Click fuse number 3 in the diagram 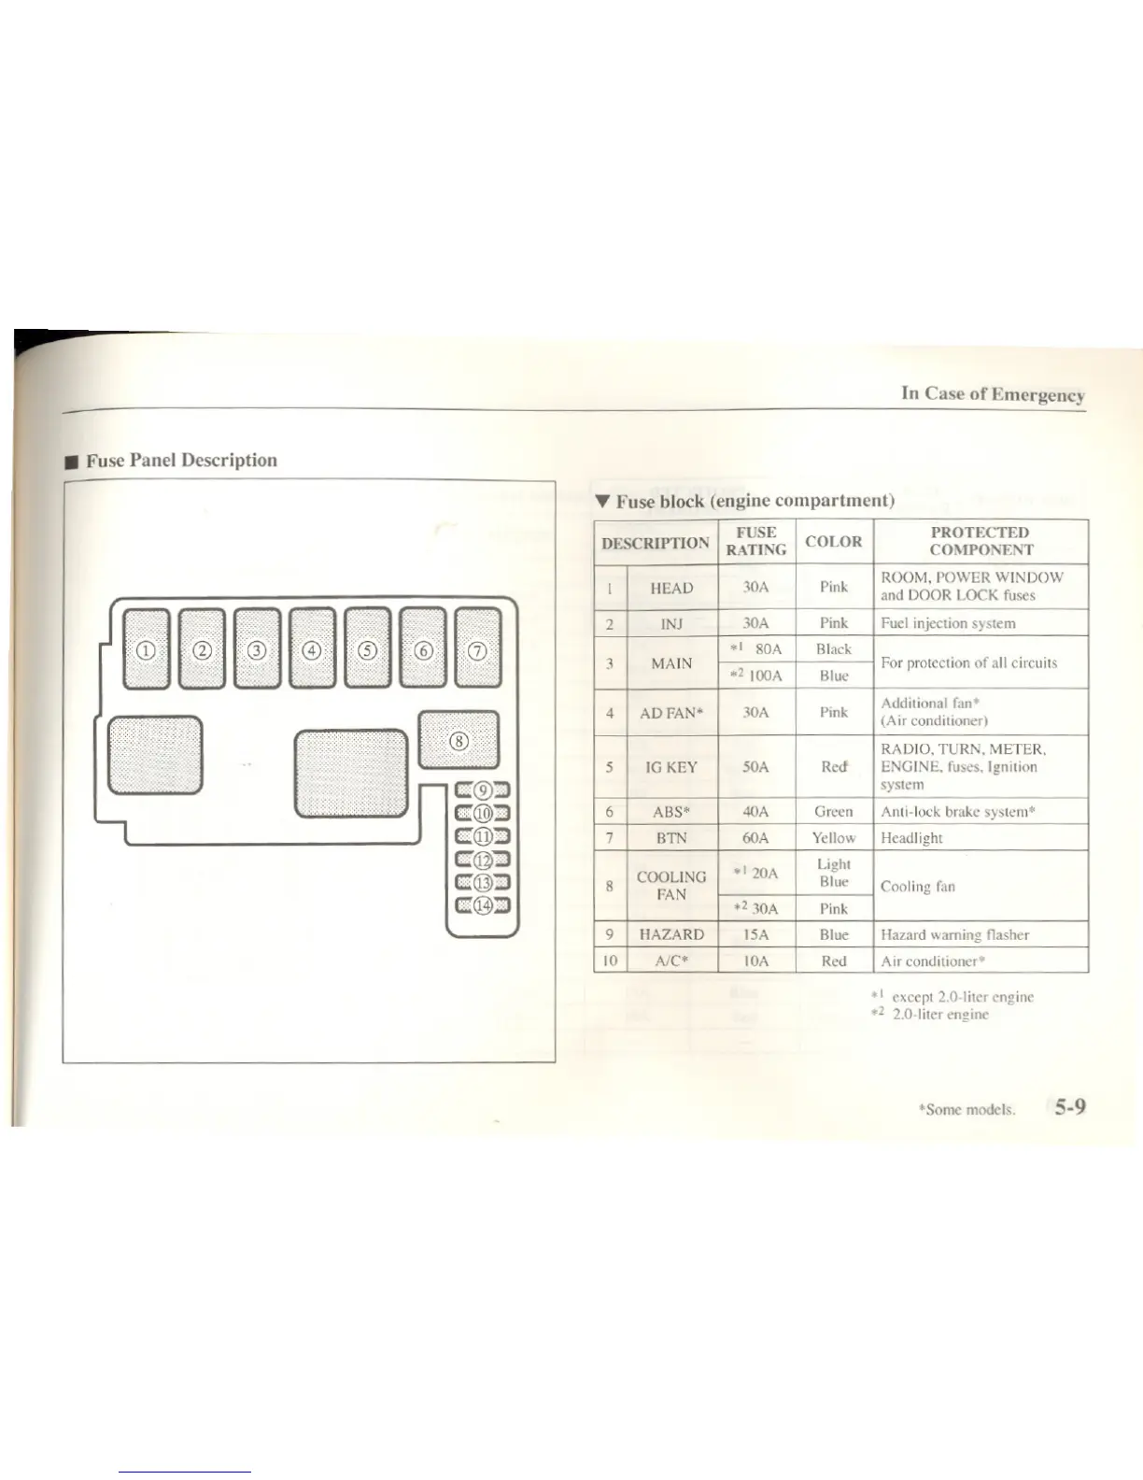coord(258,649)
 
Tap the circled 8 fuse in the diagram coord(458,741)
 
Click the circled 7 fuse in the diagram coord(477,649)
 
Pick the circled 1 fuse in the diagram coord(147,649)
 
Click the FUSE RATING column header coord(755,541)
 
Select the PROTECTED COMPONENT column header coord(981,541)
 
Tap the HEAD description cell coord(671,588)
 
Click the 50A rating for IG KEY coord(755,766)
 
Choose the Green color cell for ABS coord(833,811)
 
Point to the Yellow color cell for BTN coord(833,838)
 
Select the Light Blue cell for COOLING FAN coord(833,873)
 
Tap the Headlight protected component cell coord(911,838)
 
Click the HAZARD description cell coord(671,934)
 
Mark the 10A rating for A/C coord(755,961)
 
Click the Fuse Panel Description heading coord(181,460)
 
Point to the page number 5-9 coord(1070,1107)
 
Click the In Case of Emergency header coord(993,393)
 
